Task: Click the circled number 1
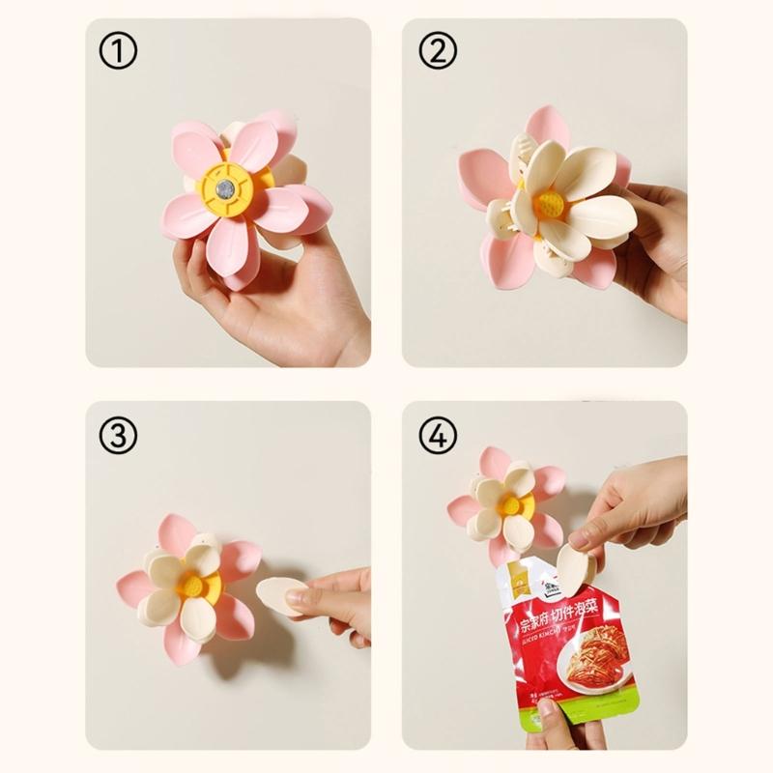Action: coord(119,52)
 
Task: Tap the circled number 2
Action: coord(438,52)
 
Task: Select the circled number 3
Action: coord(119,436)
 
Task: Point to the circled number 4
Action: coord(438,436)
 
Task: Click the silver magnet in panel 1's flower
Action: coord(224,188)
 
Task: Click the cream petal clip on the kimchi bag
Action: coord(577,568)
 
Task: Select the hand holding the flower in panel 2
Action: coord(657,242)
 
